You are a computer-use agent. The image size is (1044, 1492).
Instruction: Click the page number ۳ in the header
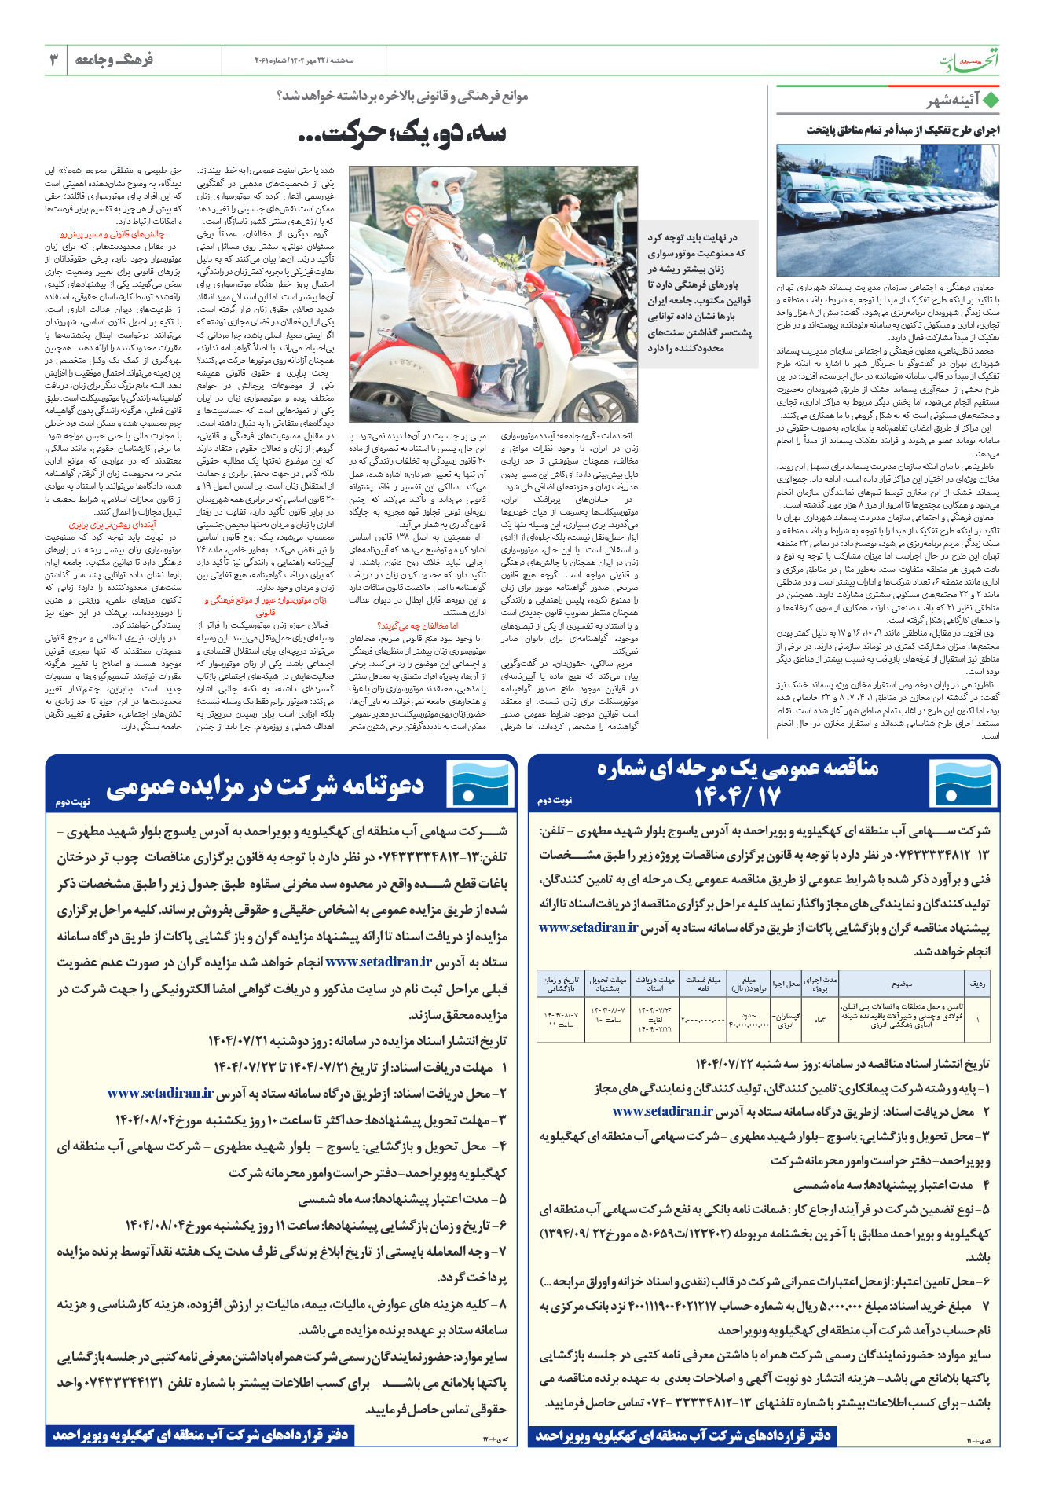click(54, 60)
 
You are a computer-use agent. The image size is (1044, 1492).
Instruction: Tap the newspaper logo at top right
click(971, 60)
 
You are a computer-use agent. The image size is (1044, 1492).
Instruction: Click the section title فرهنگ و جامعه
click(114, 60)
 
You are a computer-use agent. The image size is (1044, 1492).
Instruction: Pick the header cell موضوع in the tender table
click(903, 983)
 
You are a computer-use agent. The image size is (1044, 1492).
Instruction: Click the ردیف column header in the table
click(977, 983)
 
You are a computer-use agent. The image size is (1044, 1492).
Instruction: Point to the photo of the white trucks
click(888, 210)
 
